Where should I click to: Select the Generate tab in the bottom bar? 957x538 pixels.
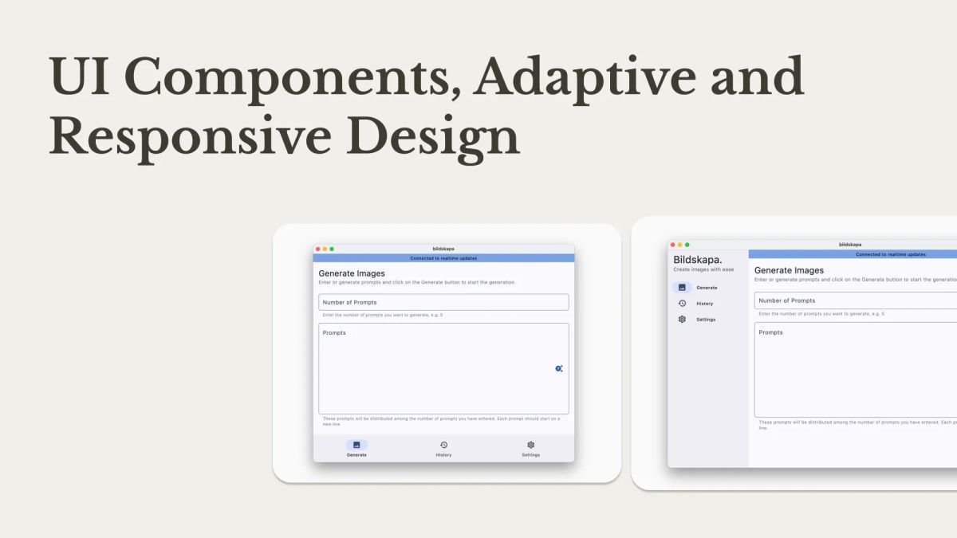[356, 449]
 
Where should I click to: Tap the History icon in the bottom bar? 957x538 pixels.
[443, 445]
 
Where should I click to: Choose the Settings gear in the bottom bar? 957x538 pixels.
[530, 445]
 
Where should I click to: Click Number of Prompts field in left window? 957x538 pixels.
[443, 302]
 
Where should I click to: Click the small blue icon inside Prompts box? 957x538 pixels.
[558, 368]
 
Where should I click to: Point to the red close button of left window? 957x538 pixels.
[318, 249]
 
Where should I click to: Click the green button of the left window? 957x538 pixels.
[332, 249]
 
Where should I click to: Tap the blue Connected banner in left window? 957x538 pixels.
[443, 258]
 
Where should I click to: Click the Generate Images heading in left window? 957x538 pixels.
[352, 273]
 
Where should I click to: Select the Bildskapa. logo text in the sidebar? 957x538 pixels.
[698, 260]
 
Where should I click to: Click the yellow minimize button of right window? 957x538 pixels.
[679, 245]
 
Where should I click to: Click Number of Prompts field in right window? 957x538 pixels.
[853, 300]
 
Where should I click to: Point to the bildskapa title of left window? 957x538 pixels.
[443, 249]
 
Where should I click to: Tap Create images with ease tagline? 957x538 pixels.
[703, 270]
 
